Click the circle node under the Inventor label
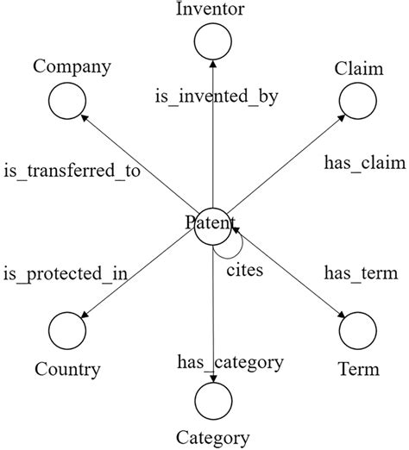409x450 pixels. [x=211, y=41]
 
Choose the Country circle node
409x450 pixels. [x=67, y=331]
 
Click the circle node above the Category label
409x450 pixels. [x=212, y=401]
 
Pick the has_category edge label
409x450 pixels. [x=230, y=361]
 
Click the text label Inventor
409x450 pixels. [x=211, y=10]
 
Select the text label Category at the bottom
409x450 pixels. [x=212, y=438]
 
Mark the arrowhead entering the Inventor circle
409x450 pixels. [x=211, y=62]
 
